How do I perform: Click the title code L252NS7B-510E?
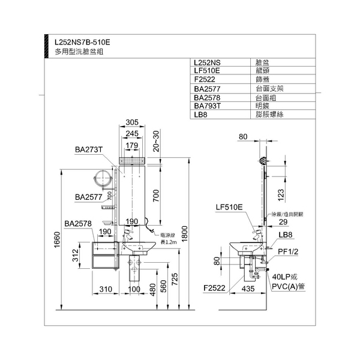point(82,43)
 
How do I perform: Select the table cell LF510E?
point(208,70)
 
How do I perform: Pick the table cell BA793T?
point(208,104)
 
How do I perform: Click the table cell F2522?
point(205,79)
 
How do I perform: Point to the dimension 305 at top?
point(133,122)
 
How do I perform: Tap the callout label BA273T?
point(89,149)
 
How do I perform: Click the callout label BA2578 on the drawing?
point(79,223)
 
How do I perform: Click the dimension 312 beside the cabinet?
point(76,257)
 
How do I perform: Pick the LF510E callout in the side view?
point(229,207)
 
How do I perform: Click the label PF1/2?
point(287,251)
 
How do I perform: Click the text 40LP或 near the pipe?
point(283,277)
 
